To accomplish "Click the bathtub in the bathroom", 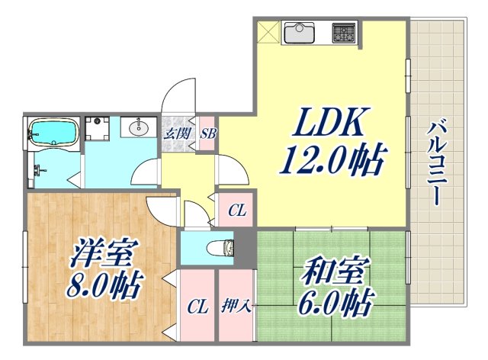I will (x=53, y=132).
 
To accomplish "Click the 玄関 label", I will (x=174, y=133).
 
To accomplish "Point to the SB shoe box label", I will (x=207, y=133).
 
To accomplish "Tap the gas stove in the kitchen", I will (x=343, y=34).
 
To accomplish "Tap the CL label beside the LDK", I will (x=237, y=211).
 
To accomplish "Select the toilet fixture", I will (x=221, y=248).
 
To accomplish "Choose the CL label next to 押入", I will (x=197, y=307).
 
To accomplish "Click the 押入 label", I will (x=236, y=307).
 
